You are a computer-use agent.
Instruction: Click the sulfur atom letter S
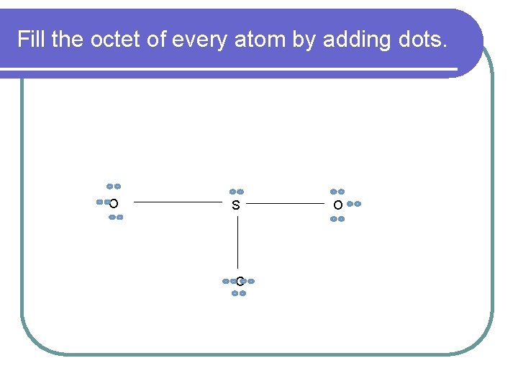236,206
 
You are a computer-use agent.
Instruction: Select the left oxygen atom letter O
114,204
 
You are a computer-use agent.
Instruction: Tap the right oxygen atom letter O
337,205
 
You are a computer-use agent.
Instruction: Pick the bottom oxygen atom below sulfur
239,281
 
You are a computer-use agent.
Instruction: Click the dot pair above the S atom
237,192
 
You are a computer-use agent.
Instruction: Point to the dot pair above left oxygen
114,187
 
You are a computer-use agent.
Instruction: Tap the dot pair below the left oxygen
116,217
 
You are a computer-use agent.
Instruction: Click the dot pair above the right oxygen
337,192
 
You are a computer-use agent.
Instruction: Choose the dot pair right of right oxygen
353,204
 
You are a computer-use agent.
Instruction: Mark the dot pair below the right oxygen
337,219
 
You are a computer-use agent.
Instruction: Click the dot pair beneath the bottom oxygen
240,293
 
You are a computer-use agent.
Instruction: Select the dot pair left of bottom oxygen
228,281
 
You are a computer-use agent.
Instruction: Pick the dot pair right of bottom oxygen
249,281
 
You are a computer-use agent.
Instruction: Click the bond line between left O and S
176,203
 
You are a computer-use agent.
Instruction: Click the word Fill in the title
32,39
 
